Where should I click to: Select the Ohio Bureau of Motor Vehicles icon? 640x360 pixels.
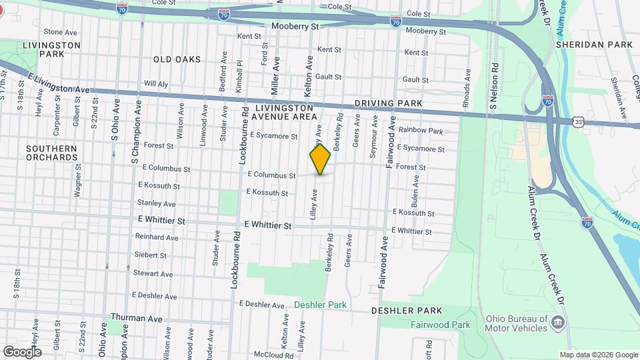[559, 323]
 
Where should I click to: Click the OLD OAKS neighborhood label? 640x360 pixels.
[177, 59]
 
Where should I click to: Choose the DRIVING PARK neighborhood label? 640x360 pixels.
[389, 103]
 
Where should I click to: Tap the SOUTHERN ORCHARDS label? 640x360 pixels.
[52, 153]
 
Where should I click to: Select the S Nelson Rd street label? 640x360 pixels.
[495, 87]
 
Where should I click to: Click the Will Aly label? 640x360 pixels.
[155, 84]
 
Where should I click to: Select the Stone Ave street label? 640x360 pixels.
[61, 32]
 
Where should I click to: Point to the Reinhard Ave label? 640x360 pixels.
[156, 237]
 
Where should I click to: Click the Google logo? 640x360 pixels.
[22, 352]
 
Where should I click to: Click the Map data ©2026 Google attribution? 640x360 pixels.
[598, 355]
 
